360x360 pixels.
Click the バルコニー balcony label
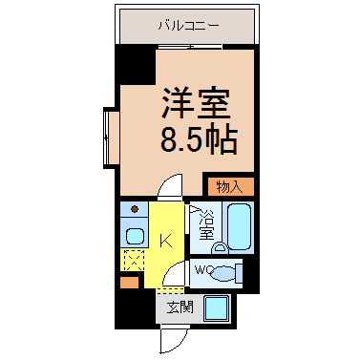click(189, 26)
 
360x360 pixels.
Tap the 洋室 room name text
click(196, 102)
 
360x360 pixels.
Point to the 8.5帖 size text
click(199, 140)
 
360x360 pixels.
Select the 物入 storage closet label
click(229, 187)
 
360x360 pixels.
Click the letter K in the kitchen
click(166, 241)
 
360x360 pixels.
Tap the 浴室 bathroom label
click(206, 224)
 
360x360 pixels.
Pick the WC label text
click(202, 270)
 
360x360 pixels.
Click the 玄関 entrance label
click(180, 307)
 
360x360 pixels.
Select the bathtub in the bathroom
click(240, 226)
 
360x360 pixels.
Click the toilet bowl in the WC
click(222, 273)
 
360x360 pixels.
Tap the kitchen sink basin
click(136, 236)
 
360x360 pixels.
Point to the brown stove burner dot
click(135, 209)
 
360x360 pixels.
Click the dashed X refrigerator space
click(134, 261)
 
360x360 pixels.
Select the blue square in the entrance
click(217, 308)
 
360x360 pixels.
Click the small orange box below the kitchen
click(130, 283)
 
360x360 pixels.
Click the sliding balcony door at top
click(190, 47)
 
